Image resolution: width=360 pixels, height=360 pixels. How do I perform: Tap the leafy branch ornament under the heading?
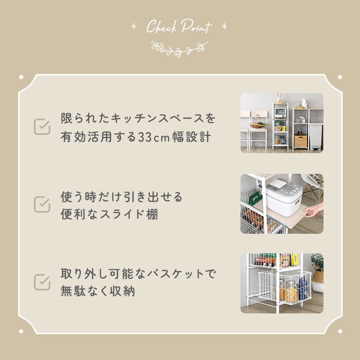point(180,49)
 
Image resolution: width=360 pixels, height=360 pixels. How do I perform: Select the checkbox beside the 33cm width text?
point(42,127)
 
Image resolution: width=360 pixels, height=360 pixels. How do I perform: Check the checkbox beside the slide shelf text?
point(42,204)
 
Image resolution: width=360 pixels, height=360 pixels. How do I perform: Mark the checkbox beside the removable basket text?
point(42,282)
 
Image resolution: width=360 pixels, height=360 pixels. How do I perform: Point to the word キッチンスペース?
point(157,119)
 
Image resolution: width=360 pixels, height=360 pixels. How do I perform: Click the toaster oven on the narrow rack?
point(280,112)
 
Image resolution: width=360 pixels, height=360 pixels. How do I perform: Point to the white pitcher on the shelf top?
point(305,104)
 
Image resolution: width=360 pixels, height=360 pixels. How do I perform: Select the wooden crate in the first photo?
point(300,141)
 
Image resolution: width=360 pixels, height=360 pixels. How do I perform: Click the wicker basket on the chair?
point(258,123)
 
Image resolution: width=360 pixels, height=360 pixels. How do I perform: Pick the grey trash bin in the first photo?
point(316,137)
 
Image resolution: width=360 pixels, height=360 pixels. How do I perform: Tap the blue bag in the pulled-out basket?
point(302,288)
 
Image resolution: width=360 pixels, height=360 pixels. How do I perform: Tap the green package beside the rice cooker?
point(255,198)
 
